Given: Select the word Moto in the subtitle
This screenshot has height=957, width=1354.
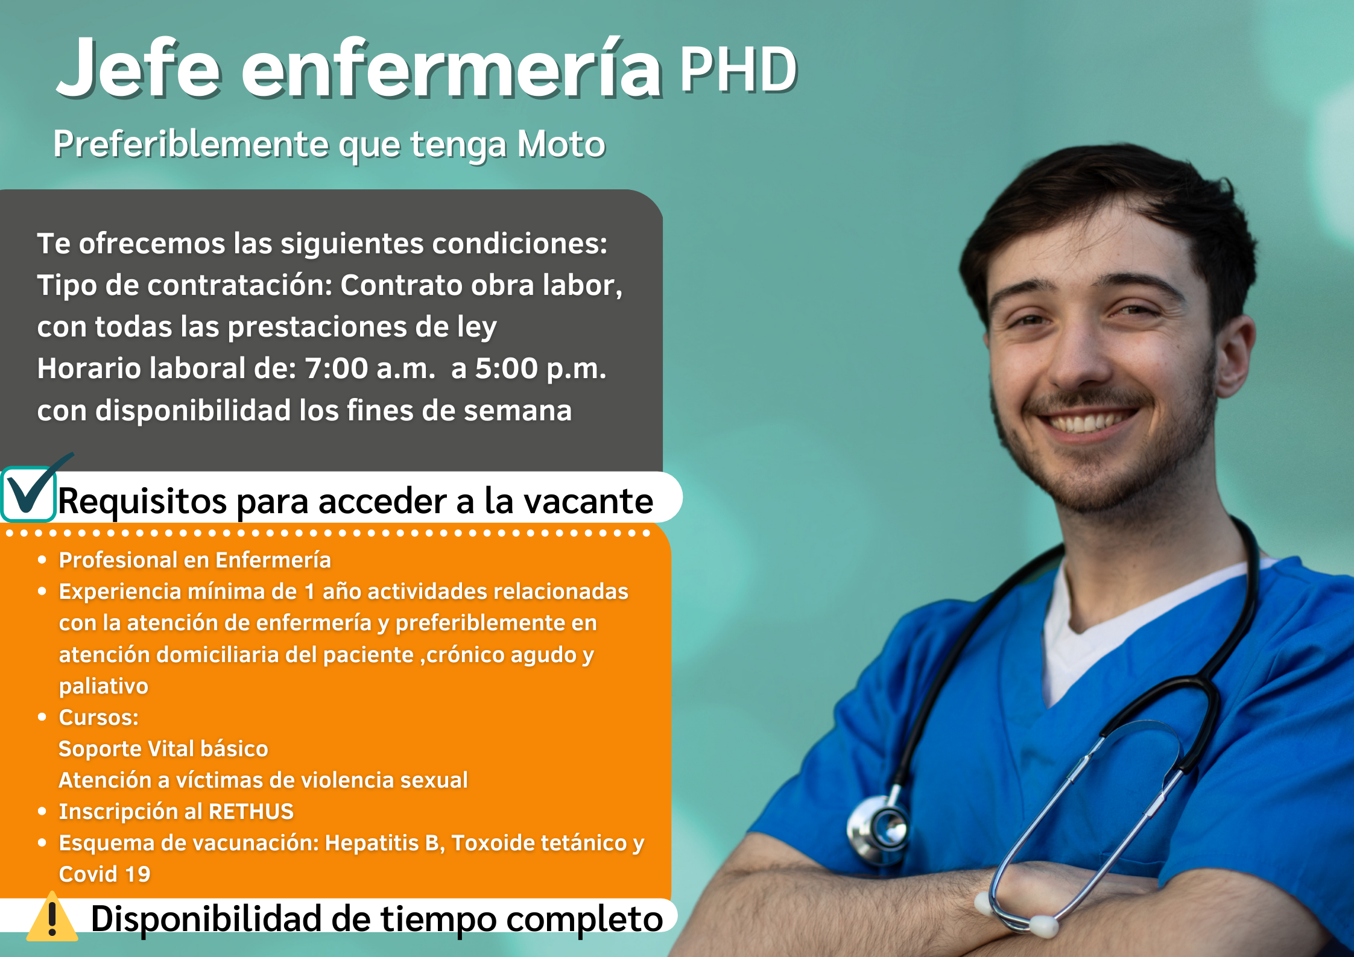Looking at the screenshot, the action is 561,144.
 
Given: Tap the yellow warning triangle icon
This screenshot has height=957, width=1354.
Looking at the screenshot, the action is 52,917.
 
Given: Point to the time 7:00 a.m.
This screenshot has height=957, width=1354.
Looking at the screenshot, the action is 370,368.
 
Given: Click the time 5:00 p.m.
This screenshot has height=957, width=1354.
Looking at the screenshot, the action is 540,368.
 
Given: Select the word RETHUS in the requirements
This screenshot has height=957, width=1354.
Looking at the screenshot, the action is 251,812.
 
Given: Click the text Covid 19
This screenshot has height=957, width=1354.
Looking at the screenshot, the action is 104,874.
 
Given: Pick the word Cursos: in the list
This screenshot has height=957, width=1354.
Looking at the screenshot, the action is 99,718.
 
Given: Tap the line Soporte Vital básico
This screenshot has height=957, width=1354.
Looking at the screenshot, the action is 163,749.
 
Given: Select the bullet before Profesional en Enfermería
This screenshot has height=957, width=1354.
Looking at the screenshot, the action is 42,560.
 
